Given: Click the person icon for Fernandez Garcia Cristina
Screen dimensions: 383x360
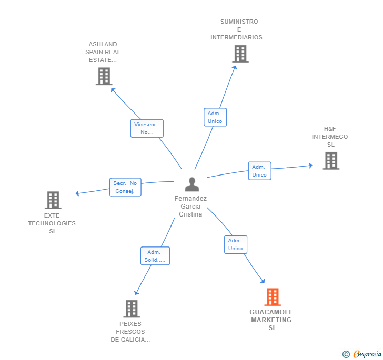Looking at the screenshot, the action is tap(192, 184).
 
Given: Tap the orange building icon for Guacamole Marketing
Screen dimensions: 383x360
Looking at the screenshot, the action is tap(273, 297).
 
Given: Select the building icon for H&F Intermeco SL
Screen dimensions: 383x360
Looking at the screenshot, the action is tap(331, 161).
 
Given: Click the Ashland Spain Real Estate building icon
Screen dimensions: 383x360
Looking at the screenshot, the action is tap(104, 76).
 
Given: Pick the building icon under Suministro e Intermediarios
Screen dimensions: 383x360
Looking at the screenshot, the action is tap(240, 54).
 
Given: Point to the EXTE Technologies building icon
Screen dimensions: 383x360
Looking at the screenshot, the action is tap(53, 200).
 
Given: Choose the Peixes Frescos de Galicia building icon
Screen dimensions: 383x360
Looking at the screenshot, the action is tap(132, 308).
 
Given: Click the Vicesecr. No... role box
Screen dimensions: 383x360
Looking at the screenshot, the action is tap(147, 128).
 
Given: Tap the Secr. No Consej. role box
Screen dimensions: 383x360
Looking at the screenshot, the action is tap(125, 187).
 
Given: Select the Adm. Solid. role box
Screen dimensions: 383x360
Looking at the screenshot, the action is tap(155, 256).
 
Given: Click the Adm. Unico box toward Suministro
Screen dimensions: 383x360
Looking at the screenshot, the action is tap(215, 117).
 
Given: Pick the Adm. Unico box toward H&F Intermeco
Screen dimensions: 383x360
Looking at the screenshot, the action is tap(260, 171).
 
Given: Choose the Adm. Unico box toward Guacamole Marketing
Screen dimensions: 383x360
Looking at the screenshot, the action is tap(236, 244).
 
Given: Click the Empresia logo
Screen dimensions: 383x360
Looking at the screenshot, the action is tap(367, 354).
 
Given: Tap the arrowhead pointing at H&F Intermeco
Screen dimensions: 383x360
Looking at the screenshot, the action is tap(310, 166).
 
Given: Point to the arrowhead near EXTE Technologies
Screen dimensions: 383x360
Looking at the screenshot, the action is tap(77, 193).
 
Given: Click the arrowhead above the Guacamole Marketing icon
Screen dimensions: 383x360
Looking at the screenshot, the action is tap(263, 281).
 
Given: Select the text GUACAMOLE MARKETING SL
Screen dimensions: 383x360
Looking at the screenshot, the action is tap(271, 320).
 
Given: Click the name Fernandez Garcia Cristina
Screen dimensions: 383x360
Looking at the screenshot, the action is tap(190, 206).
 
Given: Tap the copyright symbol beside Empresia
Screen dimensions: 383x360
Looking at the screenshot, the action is tap(346, 354).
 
